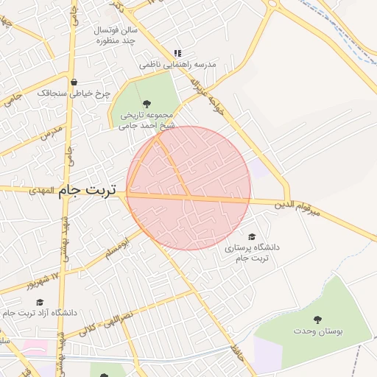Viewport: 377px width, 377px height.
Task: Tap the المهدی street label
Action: (43, 191)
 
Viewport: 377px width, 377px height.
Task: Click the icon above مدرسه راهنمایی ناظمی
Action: (177, 53)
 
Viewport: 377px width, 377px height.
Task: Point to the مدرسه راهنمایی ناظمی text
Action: (179, 65)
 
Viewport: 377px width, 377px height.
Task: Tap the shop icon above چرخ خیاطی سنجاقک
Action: (74, 82)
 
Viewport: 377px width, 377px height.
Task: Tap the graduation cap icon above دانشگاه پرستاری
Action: (252, 237)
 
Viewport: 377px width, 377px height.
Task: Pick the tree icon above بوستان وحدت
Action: (317, 320)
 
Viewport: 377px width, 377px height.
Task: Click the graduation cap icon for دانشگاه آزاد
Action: (40, 302)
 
